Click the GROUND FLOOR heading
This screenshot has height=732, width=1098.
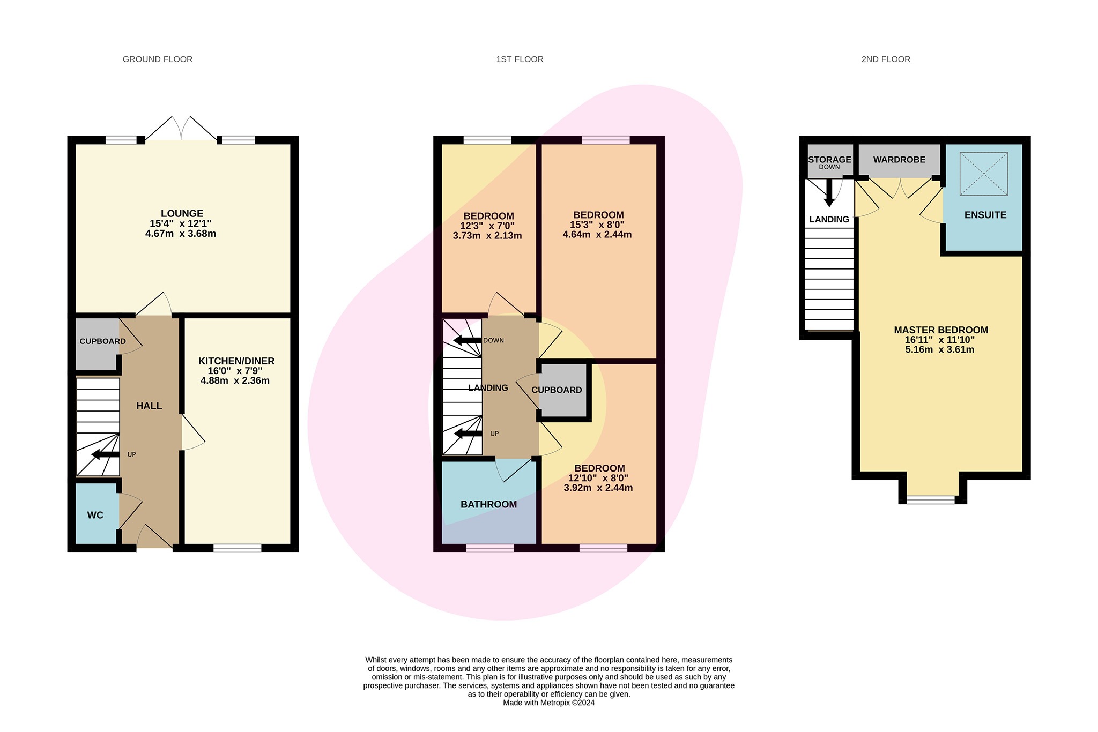click(158, 59)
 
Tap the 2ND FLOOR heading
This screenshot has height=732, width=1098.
click(886, 59)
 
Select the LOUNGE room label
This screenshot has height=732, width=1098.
click(182, 214)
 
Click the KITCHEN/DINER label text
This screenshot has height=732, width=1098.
click(236, 361)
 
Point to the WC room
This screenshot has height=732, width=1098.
click(95, 515)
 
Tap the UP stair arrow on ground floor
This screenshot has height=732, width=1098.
click(106, 455)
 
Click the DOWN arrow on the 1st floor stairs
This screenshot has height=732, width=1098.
click(468, 340)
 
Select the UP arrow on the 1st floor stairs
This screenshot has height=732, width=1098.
click(468, 434)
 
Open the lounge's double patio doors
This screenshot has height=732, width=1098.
click(181, 129)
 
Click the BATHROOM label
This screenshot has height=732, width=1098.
click(488, 504)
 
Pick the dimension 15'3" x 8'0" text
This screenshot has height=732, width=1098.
click(598, 225)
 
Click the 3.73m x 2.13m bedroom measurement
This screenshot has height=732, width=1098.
click(487, 236)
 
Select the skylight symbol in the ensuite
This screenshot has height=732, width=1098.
click(983, 174)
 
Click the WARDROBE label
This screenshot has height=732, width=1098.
click(899, 160)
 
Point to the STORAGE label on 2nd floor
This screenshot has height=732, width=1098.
click(829, 160)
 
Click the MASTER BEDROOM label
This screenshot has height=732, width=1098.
click(940, 330)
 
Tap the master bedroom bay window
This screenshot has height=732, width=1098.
click(930, 499)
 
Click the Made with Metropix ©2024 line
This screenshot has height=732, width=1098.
click(548, 703)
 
